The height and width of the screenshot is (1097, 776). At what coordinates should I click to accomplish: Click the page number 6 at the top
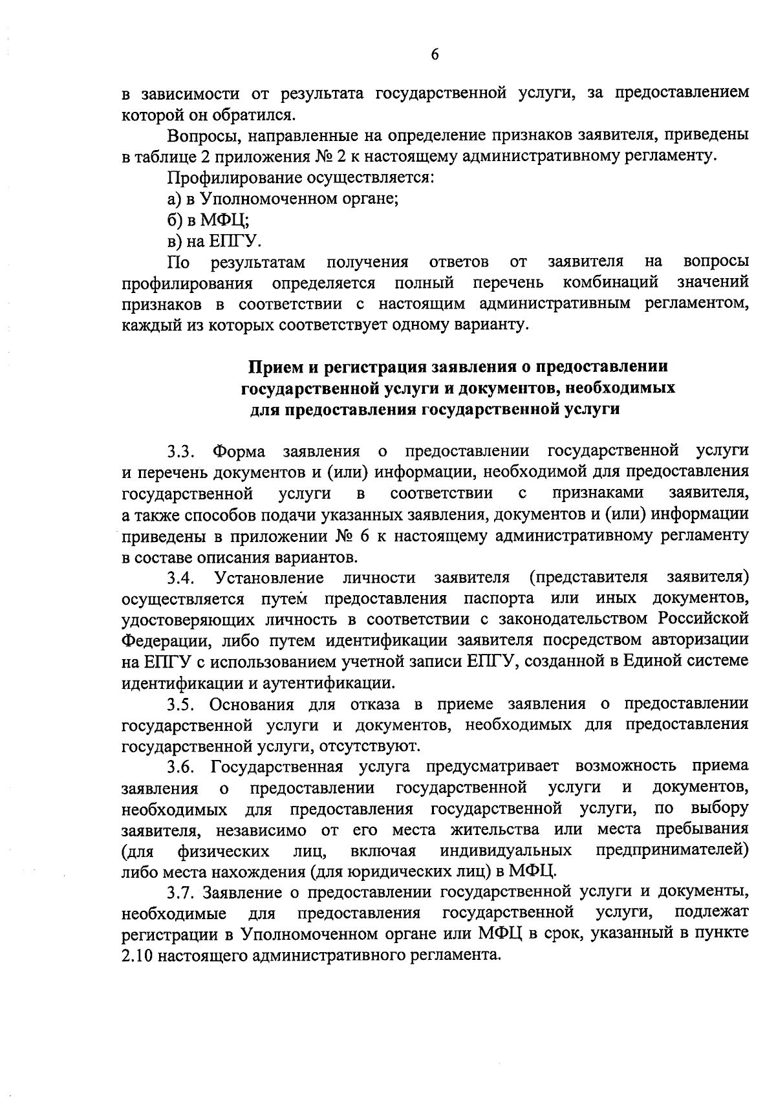[435, 56]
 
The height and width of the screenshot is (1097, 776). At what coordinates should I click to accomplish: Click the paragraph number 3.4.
[182, 577]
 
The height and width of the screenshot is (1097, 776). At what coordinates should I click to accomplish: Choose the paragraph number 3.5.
[182, 704]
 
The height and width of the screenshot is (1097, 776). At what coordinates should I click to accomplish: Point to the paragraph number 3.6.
[182, 767]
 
